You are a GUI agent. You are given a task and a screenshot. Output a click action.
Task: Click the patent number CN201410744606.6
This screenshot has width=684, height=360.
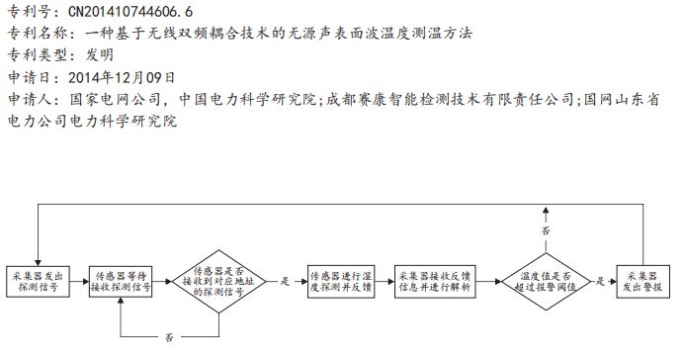tap(129, 13)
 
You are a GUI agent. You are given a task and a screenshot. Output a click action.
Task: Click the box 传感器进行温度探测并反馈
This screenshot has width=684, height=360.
tap(339, 281)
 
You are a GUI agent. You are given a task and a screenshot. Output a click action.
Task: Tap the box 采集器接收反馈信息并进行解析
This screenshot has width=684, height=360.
tap(433, 281)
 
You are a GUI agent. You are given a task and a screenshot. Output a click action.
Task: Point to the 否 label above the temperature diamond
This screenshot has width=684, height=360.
tap(546, 229)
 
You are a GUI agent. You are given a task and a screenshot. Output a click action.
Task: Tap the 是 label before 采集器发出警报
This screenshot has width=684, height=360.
tap(602, 281)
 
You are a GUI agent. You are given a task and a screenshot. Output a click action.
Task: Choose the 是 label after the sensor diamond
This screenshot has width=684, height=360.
tap(286, 281)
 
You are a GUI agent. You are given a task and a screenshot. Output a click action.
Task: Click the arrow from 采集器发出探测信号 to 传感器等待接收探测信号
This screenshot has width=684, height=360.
tap(77, 281)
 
